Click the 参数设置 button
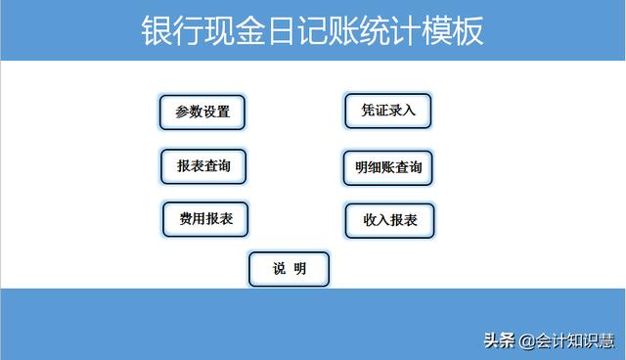tap(202, 112)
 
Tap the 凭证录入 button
tap(388, 111)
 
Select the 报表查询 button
tap(203, 166)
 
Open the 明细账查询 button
tap(388, 167)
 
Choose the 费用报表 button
tap(205, 219)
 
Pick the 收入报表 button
tap(389, 220)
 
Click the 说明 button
tap(289, 269)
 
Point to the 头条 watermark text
tap(499, 340)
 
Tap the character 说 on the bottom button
tap(278, 269)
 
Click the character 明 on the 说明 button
tap(299, 269)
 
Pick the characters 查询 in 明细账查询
tap(410, 167)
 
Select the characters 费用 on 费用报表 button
tap(192, 219)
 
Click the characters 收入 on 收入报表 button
tap(376, 220)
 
